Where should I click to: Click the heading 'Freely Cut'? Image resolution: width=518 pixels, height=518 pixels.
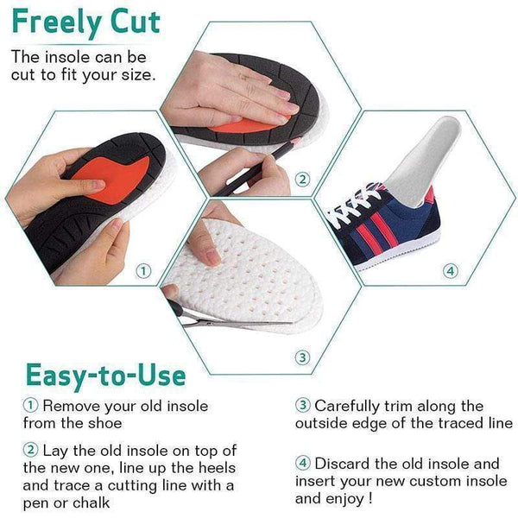[86, 22]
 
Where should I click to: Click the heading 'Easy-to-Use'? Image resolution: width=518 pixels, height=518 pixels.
[105, 374]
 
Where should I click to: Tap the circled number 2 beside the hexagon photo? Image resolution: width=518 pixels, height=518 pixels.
[301, 180]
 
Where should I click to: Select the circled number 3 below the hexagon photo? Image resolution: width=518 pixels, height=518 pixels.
[301, 357]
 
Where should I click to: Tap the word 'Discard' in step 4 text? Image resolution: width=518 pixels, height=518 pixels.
[343, 463]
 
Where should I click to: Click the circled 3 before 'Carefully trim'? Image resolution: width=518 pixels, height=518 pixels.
[303, 406]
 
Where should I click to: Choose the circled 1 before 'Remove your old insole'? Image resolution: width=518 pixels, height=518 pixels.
[31, 406]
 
